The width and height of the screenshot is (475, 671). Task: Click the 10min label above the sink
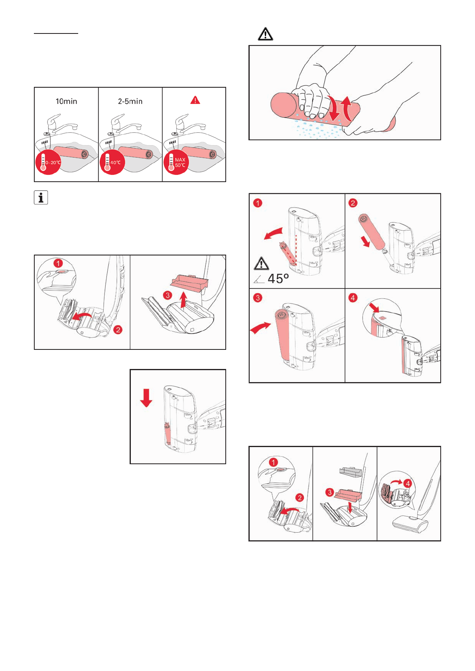click(66, 101)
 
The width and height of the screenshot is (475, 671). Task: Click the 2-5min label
click(130, 101)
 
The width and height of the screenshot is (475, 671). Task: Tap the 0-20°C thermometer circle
click(49, 163)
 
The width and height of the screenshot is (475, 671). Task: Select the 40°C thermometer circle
click(112, 163)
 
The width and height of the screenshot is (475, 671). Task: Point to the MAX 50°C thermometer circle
click(176, 163)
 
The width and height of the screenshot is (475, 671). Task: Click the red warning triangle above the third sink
click(195, 100)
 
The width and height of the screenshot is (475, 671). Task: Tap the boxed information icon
click(41, 198)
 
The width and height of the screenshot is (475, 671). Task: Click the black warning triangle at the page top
click(265, 34)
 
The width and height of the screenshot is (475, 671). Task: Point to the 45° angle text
click(278, 279)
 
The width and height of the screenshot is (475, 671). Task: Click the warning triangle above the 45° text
click(261, 264)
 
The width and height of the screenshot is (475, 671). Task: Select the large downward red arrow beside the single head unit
click(146, 398)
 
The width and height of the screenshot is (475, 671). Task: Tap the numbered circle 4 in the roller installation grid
click(353, 298)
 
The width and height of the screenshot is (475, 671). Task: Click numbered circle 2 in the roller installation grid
click(353, 203)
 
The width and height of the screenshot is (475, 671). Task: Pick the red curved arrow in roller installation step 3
click(260, 328)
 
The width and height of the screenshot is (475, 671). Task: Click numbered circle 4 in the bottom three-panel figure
click(408, 483)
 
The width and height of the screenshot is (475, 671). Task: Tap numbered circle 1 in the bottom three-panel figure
click(273, 463)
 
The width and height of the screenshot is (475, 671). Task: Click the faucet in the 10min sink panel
click(60, 124)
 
